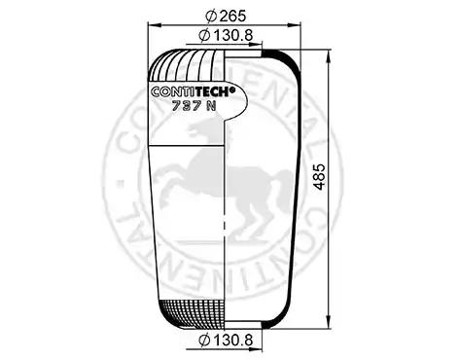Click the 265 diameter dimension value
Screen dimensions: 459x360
(x=232, y=16)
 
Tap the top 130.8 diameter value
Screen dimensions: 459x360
(x=232, y=35)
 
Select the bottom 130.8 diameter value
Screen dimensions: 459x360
(x=232, y=340)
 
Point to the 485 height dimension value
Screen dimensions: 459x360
(x=320, y=177)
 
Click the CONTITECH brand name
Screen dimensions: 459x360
(x=191, y=91)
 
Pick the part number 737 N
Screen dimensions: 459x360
(x=194, y=105)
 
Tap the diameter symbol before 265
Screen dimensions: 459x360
(x=211, y=16)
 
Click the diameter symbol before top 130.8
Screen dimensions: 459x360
(x=204, y=35)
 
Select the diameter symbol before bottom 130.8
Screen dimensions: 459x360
(x=204, y=340)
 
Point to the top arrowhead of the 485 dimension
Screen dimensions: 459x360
(x=329, y=56)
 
